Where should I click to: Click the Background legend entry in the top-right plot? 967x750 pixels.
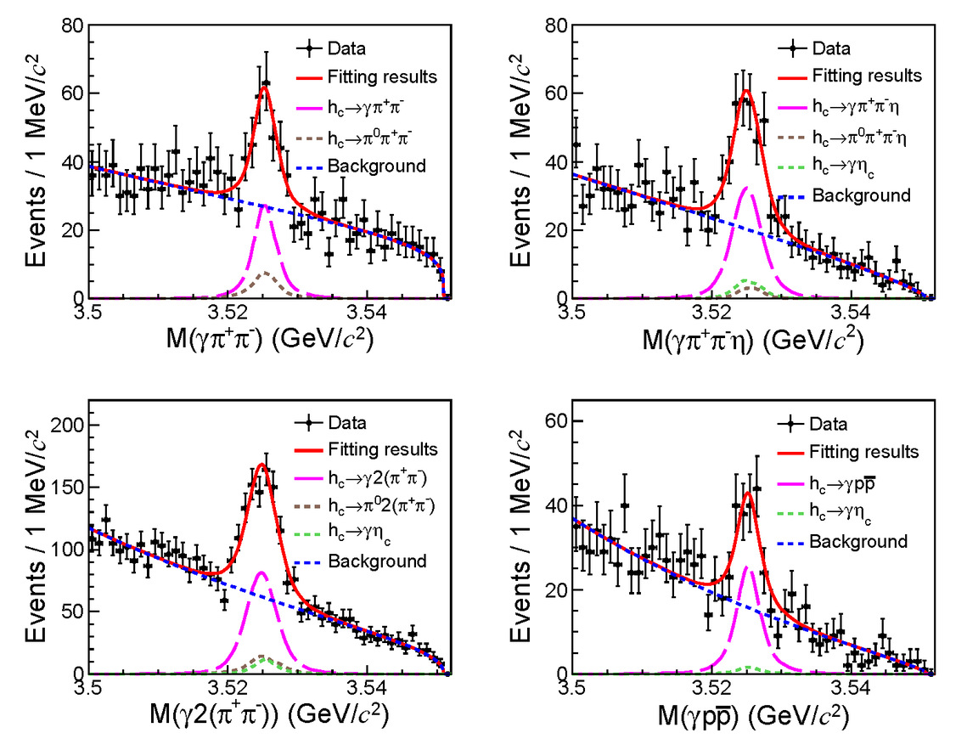[860, 195]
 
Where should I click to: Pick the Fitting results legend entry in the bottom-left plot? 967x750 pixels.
[380, 449]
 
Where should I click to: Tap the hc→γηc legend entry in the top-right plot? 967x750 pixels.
[846, 166]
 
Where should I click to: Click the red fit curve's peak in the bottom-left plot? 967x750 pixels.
[261, 465]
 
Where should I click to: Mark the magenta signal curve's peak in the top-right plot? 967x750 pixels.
[748, 187]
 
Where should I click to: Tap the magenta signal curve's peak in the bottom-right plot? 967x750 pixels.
[748, 567]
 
